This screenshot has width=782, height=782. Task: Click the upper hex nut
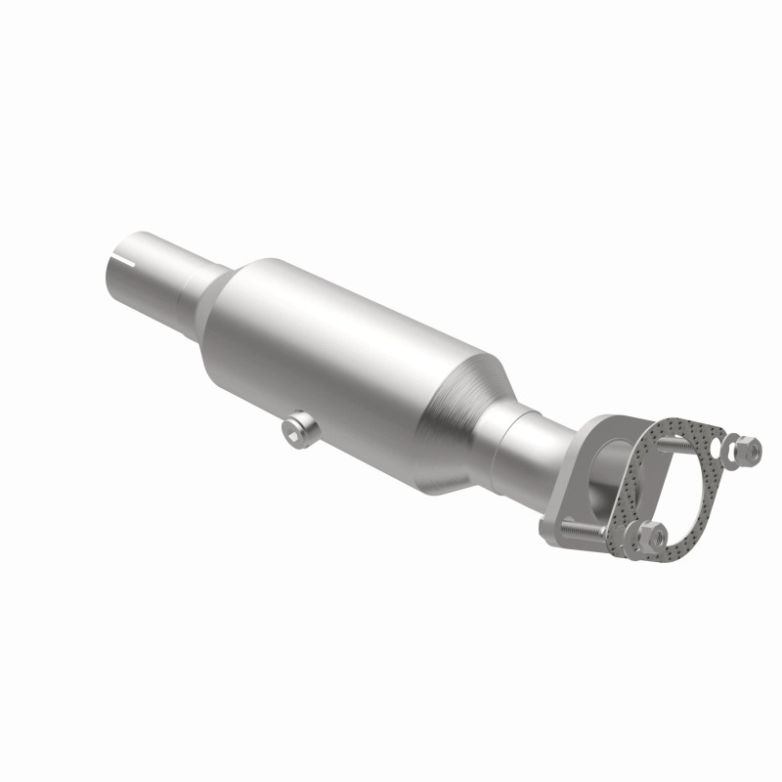pos(747,449)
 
